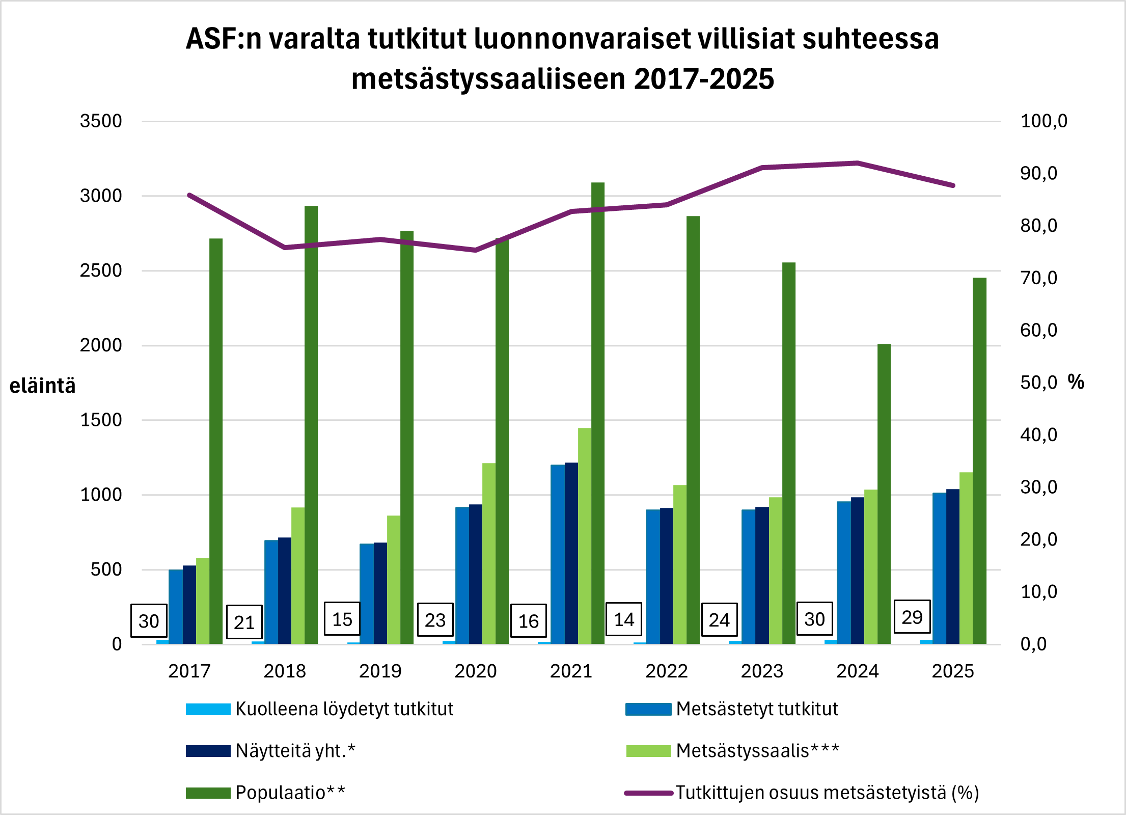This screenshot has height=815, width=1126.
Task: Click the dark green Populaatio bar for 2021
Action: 598,413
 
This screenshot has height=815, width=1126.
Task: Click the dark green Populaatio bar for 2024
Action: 884,494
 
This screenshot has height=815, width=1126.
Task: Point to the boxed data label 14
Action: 624,619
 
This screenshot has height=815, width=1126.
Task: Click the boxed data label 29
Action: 912,617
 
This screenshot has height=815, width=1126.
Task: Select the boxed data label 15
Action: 342,619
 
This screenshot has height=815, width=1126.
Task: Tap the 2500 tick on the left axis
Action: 101,270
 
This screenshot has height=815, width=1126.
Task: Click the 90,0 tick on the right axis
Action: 1039,173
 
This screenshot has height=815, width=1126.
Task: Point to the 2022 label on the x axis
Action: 667,671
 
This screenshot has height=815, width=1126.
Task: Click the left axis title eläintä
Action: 43,386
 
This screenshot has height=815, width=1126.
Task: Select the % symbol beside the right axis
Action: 1076,382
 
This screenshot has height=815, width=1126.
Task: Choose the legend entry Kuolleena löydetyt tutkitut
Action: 344,709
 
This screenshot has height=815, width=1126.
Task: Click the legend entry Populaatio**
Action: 290,793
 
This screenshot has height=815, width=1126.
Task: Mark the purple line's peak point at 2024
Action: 858,163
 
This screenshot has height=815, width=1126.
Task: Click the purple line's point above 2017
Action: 189,195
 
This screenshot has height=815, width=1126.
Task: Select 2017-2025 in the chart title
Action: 704,79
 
